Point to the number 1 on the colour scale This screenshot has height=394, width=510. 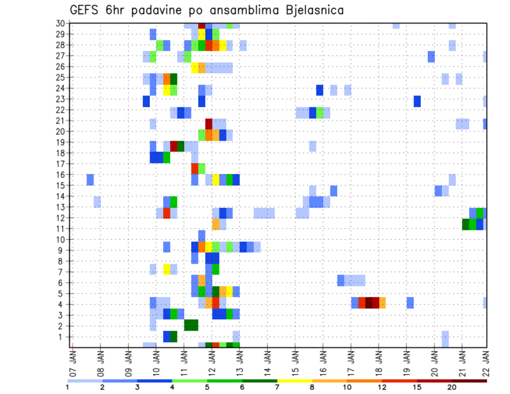pyautogui.click(x=67, y=387)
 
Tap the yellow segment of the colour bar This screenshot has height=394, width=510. pyautogui.click(x=295, y=381)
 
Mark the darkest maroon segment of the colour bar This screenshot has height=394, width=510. pyautogui.click(x=470, y=381)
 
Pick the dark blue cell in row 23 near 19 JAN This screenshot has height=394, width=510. pyautogui.click(x=417, y=101)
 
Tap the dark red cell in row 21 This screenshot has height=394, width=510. pyautogui.click(x=209, y=123)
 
